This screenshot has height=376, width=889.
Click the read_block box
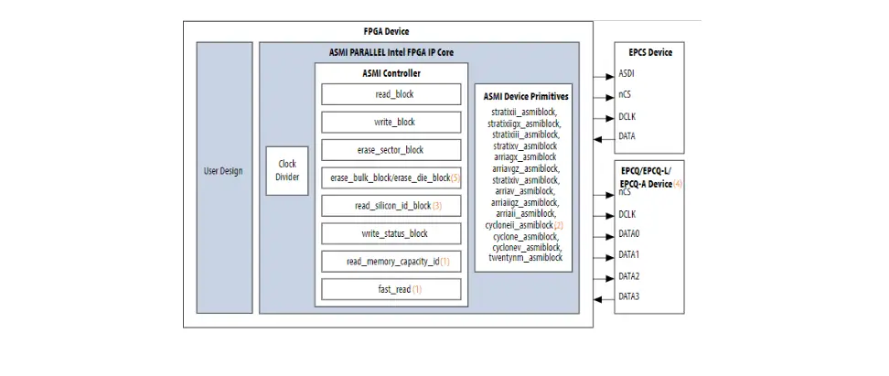[391, 94]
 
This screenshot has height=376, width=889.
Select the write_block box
[391, 122]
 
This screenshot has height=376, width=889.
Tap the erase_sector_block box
[391, 149]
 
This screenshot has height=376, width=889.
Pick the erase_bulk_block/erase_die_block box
[391, 177]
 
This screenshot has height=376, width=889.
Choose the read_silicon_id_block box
[391, 206]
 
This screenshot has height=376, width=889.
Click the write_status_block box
[391, 233]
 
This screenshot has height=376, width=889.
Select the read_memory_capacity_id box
[391, 262]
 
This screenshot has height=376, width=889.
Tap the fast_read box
[391, 289]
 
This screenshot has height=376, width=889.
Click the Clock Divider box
[287, 170]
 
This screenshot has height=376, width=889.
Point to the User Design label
[223, 171]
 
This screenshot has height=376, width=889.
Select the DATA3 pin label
[629, 296]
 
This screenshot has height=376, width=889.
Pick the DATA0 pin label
[629, 234]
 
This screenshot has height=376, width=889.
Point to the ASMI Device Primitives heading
[525, 95]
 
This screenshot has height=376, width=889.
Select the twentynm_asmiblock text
[525, 258]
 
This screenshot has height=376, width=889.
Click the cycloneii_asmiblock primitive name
[519, 224]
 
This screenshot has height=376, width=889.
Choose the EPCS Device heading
[650, 52]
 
